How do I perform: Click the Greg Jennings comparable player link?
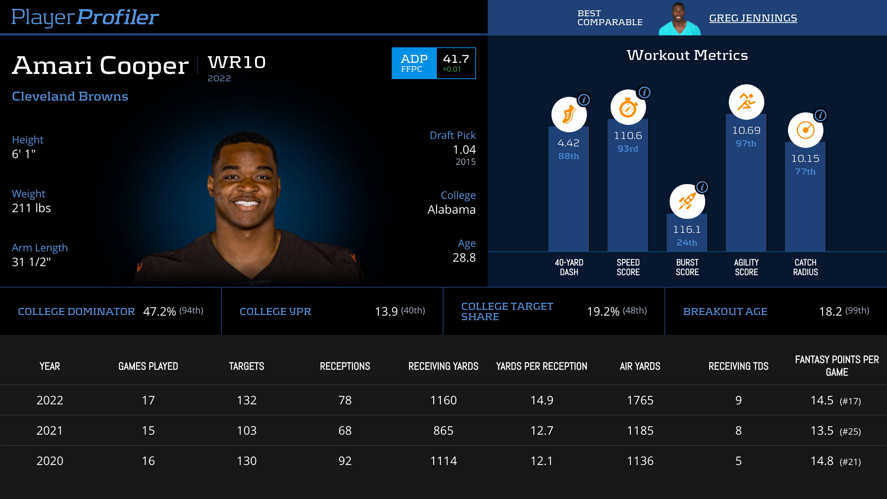753,18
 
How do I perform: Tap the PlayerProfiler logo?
85,17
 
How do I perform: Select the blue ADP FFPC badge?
414,63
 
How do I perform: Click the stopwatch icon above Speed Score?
628,108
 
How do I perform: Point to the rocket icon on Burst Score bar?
687,202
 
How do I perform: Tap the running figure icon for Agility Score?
746,102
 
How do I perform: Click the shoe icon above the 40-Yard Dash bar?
569,115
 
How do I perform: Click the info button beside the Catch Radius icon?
820,115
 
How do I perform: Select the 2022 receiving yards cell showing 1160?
443,400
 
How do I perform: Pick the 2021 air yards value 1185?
640,431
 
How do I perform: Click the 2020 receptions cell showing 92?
345,461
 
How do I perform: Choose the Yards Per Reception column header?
541,366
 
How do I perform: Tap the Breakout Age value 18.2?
830,312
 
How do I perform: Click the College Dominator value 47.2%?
159,312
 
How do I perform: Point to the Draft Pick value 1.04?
464,150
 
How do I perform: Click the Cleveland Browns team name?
70,96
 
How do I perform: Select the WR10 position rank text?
237,62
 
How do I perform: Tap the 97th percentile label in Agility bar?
746,143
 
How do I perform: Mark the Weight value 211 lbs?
31,208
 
